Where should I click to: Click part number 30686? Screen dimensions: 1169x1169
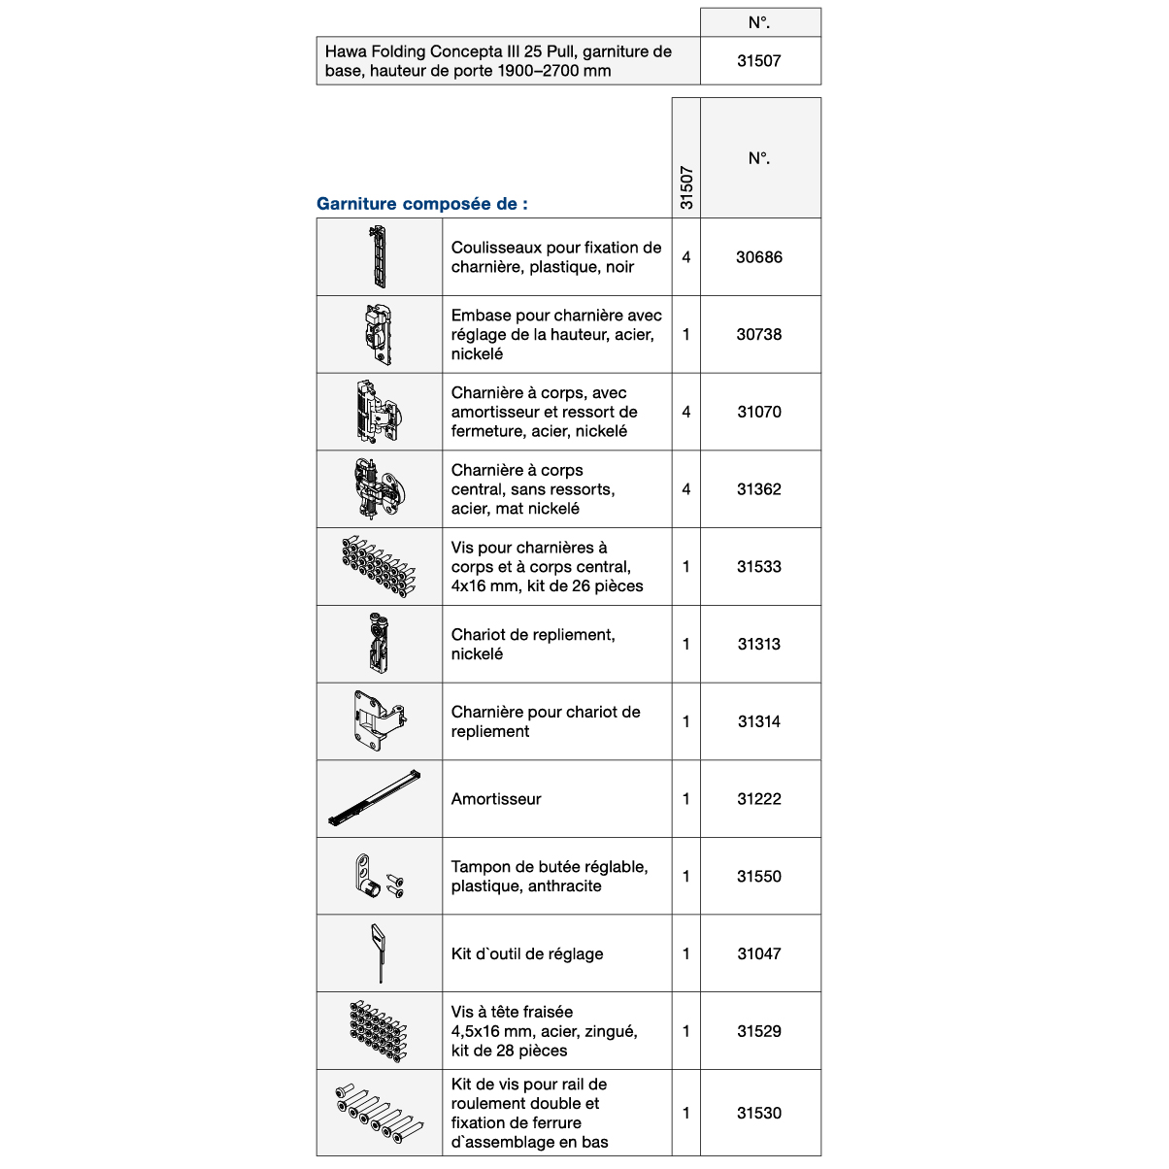point(758,257)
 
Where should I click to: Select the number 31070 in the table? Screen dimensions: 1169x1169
point(758,412)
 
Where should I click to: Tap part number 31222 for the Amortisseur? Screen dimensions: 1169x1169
point(758,799)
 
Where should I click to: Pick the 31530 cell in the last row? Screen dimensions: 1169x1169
point(758,1114)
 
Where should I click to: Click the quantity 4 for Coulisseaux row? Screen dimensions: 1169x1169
point(686,257)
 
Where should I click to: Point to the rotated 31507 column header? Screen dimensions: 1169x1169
point(686,187)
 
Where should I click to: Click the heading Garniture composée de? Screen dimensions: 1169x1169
point(422,204)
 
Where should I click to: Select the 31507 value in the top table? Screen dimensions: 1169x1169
point(758,60)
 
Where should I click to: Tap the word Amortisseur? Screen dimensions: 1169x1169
point(496,799)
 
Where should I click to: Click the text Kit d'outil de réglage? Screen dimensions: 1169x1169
point(527,954)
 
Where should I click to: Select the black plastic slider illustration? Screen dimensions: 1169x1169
point(379,256)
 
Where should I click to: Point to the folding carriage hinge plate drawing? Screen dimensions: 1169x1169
point(378,721)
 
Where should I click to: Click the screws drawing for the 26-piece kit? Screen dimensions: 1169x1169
point(378,566)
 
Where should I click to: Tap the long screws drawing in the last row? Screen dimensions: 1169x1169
point(378,1114)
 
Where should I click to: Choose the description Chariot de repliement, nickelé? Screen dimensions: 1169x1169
point(532,645)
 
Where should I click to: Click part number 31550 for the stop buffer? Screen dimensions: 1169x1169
point(758,877)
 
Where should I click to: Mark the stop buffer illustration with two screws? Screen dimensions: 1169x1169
point(378,876)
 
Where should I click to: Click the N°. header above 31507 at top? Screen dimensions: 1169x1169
point(759,22)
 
